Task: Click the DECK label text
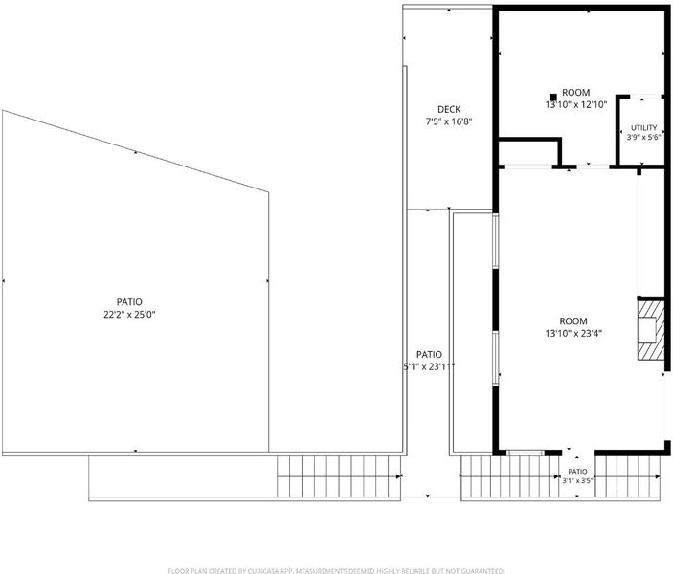[x=449, y=110]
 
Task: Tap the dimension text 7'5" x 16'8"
[x=449, y=121]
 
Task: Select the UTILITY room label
[x=643, y=128]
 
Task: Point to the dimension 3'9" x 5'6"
[x=643, y=138]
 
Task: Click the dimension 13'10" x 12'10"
[x=576, y=104]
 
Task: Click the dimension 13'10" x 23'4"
[x=573, y=333]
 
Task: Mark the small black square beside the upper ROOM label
[x=553, y=98]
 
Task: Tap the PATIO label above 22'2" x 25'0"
[x=129, y=302]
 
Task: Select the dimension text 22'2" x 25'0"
[x=129, y=315]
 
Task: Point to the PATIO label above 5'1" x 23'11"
[x=429, y=355]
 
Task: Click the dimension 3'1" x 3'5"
[x=577, y=481]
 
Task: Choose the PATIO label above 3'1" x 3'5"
[x=577, y=472]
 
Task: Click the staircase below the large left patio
[x=339, y=476]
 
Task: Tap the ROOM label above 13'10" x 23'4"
[x=573, y=321]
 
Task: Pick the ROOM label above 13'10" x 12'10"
[x=576, y=92]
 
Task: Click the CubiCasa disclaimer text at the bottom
[x=336, y=570]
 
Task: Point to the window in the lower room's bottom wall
[x=526, y=453]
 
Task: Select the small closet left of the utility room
[x=528, y=152]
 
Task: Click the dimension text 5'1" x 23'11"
[x=428, y=366]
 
